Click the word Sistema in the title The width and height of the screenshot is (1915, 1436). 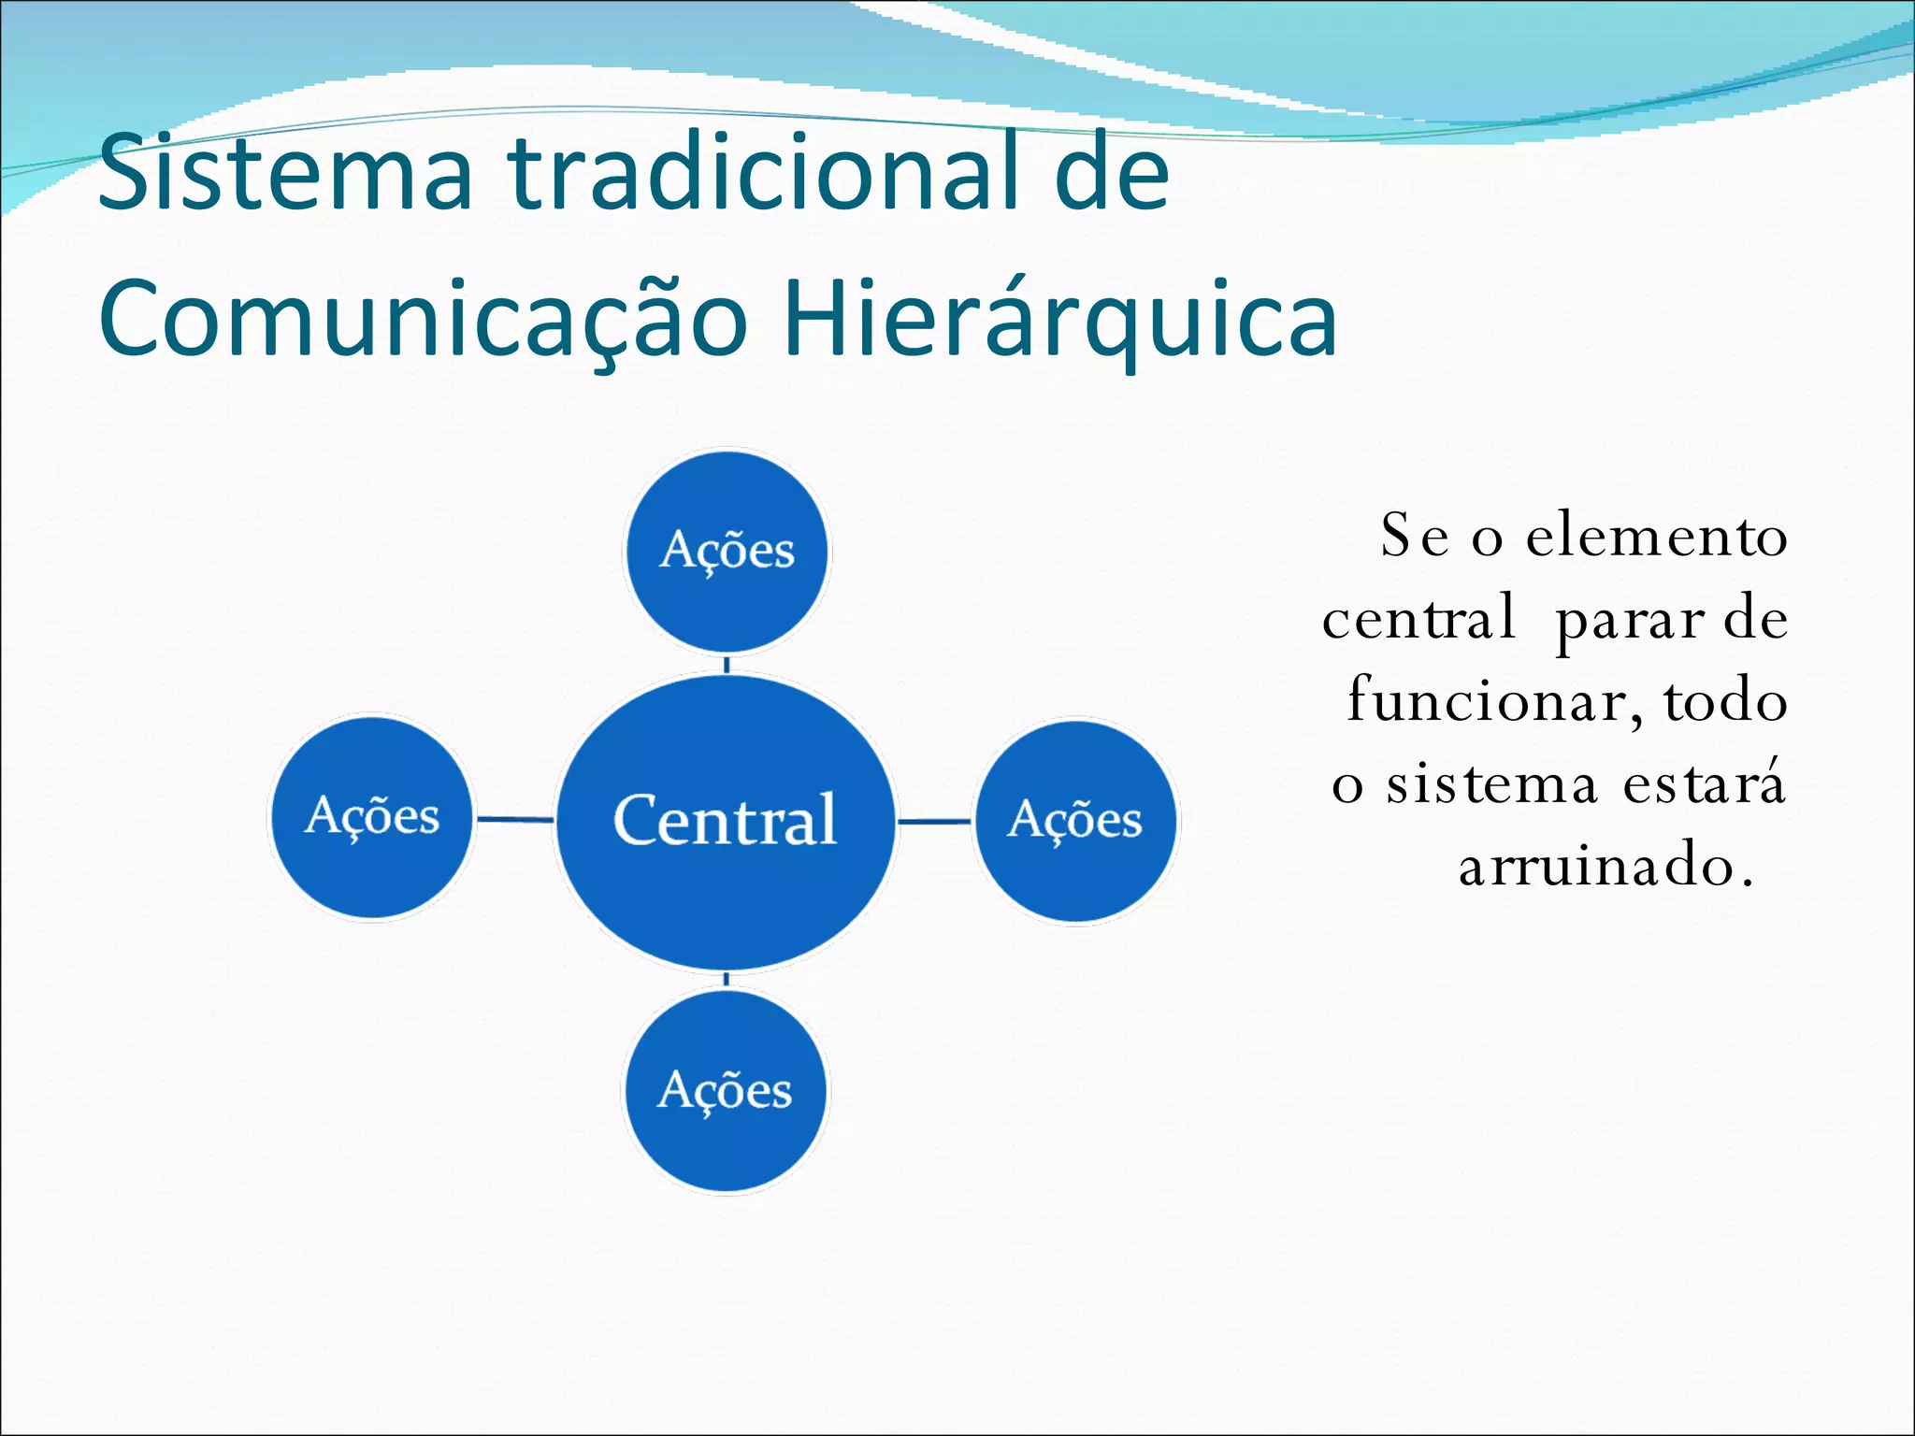(x=285, y=173)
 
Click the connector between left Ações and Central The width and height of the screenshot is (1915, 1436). (x=515, y=819)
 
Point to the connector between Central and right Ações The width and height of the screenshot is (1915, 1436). (x=934, y=822)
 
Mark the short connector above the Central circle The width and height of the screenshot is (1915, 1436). (x=727, y=665)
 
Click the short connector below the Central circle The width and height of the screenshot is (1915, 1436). (x=727, y=979)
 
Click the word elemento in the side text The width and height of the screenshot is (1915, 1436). (x=1656, y=538)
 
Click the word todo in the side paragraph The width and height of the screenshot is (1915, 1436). (x=1725, y=702)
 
